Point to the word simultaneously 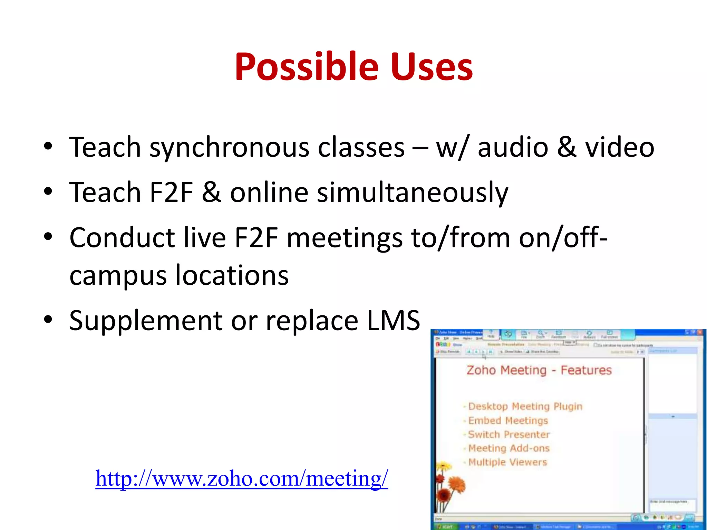pyautogui.click(x=413, y=193)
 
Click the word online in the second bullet pyautogui.click(x=269, y=192)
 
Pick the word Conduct pyautogui.click(x=122, y=238)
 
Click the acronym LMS pyautogui.click(x=393, y=321)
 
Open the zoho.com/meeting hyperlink pyautogui.click(x=242, y=479)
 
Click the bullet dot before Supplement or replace pyautogui.click(x=48, y=319)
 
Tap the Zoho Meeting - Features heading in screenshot pyautogui.click(x=539, y=370)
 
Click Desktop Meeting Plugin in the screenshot pyautogui.click(x=525, y=406)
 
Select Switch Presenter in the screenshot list pyautogui.click(x=509, y=434)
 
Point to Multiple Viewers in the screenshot pyautogui.click(x=507, y=462)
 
